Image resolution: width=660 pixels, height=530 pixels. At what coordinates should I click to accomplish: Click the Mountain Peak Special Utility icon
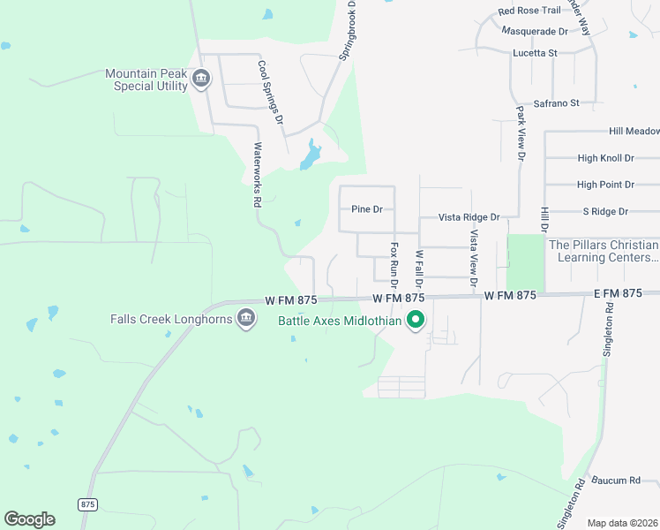(201, 79)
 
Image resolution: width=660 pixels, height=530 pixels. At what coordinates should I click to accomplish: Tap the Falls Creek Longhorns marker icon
(247, 319)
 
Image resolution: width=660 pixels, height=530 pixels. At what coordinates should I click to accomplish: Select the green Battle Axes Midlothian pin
(416, 320)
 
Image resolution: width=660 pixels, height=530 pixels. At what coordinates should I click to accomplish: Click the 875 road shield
(87, 503)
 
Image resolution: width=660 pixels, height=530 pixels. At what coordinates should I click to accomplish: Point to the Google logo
(29, 519)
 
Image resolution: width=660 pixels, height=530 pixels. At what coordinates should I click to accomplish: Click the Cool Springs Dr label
(270, 91)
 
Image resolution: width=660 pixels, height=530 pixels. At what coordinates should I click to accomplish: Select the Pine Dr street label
(367, 209)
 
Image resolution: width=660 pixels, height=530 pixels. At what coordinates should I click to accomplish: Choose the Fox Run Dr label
(395, 265)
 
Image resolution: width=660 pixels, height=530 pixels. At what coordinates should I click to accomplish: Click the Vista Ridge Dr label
(469, 216)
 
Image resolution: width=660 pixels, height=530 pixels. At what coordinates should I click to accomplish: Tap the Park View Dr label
(521, 133)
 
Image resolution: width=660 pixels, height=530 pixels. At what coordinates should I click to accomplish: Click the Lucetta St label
(536, 53)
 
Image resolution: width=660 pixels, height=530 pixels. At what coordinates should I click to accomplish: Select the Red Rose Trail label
(529, 11)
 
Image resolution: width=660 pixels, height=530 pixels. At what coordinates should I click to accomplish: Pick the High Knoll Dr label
(605, 158)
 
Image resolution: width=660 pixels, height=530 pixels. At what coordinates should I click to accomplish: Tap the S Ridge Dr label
(604, 211)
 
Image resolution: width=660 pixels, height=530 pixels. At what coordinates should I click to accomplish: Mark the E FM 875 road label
(618, 292)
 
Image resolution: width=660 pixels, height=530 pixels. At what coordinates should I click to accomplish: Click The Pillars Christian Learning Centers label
(604, 251)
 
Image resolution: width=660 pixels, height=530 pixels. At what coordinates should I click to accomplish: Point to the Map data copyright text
(623, 523)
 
